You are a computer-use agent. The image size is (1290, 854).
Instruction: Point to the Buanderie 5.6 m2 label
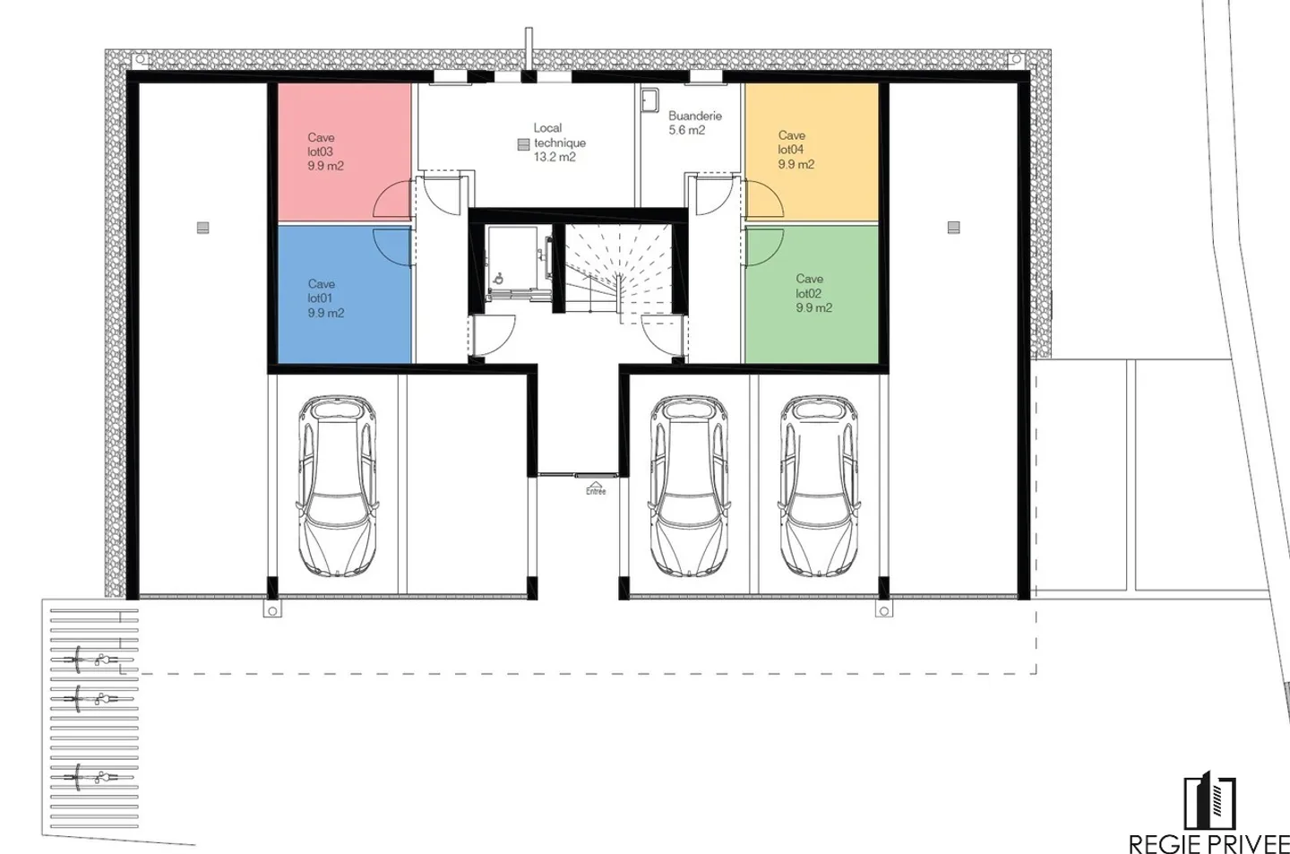[694, 123]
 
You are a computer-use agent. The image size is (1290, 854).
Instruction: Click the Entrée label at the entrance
[596, 490]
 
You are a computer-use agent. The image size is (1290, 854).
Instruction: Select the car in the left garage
[337, 486]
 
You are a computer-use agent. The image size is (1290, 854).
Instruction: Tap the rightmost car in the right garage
[818, 486]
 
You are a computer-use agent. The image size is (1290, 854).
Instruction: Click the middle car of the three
[687, 486]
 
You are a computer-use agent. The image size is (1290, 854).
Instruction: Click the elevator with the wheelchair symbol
[516, 260]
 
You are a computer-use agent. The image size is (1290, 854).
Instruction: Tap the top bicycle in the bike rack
[91, 660]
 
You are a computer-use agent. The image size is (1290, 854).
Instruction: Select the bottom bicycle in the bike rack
[91, 776]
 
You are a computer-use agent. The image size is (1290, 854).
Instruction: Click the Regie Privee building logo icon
[1209, 800]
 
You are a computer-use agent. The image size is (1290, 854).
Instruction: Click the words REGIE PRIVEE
[1208, 843]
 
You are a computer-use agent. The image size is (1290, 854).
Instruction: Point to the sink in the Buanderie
[649, 100]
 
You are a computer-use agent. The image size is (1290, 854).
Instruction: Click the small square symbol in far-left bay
[202, 228]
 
